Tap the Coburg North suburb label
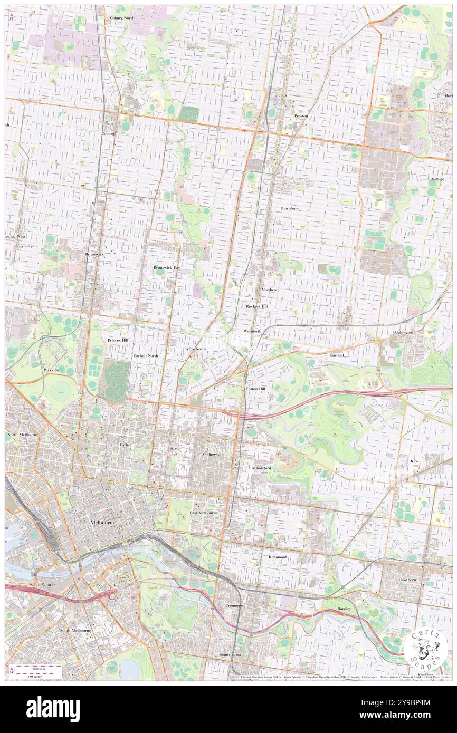point(123,18)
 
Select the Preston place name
point(301,116)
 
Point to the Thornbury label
point(289,208)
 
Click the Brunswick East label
point(167,268)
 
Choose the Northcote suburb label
point(271,290)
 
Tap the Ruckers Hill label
point(257,306)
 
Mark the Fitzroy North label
point(194,349)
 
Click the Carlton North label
point(146,356)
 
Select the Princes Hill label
point(118,340)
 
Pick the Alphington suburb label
point(404,333)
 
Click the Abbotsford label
point(261,468)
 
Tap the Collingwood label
point(214,454)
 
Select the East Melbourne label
point(204,513)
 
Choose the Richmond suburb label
point(277,557)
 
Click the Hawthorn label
point(407,580)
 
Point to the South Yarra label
point(231,654)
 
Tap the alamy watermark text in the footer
point(53,709)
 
